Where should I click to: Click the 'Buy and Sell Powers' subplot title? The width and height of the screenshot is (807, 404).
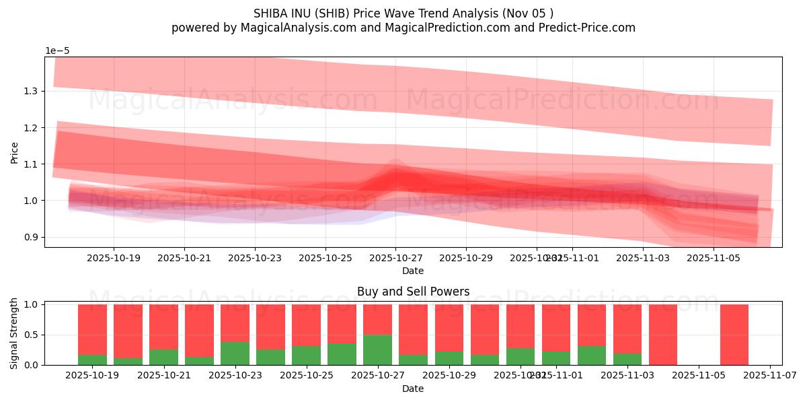pyautogui.click(x=413, y=292)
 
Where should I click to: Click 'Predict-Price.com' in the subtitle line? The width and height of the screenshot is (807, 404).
pyautogui.click(x=584, y=28)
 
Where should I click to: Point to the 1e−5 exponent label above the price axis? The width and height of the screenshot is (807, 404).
pyautogui.click(x=57, y=51)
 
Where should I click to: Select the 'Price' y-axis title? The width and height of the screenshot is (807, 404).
pyautogui.click(x=14, y=152)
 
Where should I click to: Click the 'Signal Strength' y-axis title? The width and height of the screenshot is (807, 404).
pyautogui.click(x=14, y=333)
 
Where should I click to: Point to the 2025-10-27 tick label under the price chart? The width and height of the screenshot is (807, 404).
pyautogui.click(x=395, y=257)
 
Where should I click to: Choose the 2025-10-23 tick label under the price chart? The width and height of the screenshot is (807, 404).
pyautogui.click(x=254, y=257)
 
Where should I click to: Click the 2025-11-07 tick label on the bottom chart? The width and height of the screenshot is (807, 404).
pyautogui.click(x=769, y=375)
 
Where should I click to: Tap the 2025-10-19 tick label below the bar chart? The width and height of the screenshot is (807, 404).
pyautogui.click(x=92, y=375)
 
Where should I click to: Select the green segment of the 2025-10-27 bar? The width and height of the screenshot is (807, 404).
pyautogui.click(x=377, y=350)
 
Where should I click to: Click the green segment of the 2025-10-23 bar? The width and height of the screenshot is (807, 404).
pyautogui.click(x=235, y=353)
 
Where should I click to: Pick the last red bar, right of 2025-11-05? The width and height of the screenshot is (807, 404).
pyautogui.click(x=734, y=335)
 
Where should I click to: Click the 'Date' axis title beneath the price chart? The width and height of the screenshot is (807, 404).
pyautogui.click(x=413, y=271)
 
